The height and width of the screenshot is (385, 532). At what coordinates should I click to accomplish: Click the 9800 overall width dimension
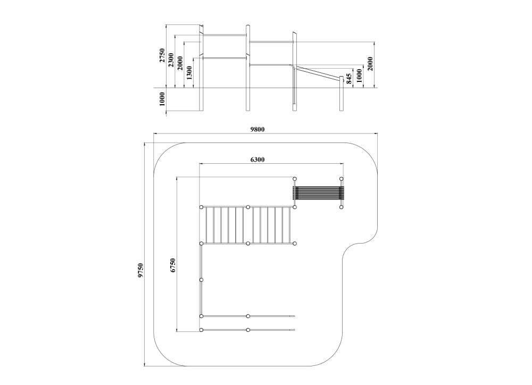point(257,129)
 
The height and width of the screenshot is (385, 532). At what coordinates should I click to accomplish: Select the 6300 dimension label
point(257,160)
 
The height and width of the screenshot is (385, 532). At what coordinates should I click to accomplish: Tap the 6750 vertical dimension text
point(173,265)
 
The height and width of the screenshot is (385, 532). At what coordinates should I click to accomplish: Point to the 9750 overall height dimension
point(141,271)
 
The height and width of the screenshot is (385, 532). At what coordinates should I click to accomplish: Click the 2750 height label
point(162,55)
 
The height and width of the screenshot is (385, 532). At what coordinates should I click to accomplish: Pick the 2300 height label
point(171,60)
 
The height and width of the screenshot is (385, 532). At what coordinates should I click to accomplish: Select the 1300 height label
point(189,73)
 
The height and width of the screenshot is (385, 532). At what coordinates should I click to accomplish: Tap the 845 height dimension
point(349,79)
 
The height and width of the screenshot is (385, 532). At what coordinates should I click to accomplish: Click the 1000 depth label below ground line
point(162,99)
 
